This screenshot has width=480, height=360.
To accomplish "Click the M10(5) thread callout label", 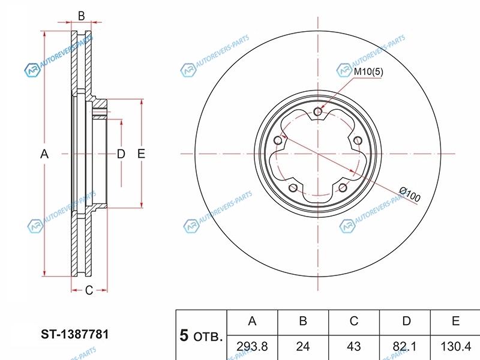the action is click(368, 71).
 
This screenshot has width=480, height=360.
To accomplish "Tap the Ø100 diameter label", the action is click(410, 194).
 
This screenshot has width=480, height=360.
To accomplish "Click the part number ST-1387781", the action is click(74, 334).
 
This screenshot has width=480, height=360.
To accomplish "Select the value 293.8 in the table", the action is click(252, 347).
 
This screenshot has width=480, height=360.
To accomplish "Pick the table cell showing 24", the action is click(303, 347).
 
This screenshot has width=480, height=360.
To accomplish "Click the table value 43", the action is click(353, 347).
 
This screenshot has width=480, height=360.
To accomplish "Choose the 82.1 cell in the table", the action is click(404, 347).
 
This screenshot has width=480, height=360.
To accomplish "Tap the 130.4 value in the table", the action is click(455, 347).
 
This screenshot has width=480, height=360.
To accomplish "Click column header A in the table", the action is click(252, 321).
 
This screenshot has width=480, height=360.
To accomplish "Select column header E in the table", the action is click(455, 321).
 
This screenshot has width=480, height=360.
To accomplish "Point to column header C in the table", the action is click(353, 321).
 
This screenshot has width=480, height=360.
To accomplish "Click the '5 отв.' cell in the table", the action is click(201, 335).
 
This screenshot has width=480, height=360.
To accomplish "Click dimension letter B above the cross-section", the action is click(81, 16).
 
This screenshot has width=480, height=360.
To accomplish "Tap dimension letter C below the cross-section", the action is click(89, 290).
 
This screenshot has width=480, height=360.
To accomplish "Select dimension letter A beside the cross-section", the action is click(44, 154).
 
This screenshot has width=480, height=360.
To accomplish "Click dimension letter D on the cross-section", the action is click(121, 154).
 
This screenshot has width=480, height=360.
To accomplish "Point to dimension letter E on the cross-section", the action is click(141, 154).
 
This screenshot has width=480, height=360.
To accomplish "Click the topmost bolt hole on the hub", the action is click(318, 112).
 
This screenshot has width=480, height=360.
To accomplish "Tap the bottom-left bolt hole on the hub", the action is click(293, 188).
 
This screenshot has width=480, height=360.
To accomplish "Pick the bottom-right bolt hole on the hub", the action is click(343, 188).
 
